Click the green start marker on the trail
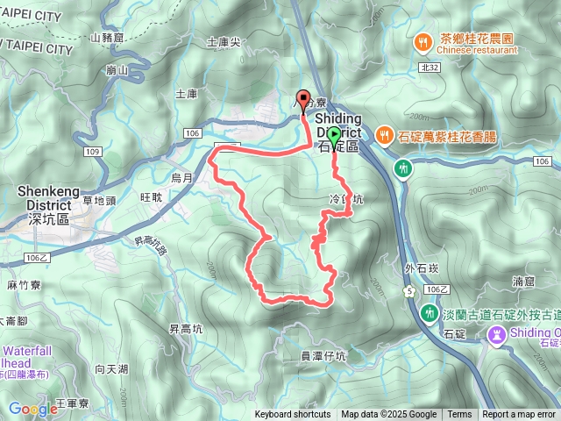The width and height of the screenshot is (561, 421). coord(334,135)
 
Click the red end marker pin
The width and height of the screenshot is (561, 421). coord(304,100)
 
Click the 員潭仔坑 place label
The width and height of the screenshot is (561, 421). coord(323,355)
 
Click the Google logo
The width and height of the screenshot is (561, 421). coord(33,409)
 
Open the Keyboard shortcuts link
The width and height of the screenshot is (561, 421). coord(293,415)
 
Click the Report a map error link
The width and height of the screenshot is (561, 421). coord(519,415)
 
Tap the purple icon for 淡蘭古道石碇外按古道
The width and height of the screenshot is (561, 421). coord(497,334)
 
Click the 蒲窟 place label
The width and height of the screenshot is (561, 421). coord(523,282)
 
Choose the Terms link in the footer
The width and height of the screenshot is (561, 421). coord(459,415)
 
